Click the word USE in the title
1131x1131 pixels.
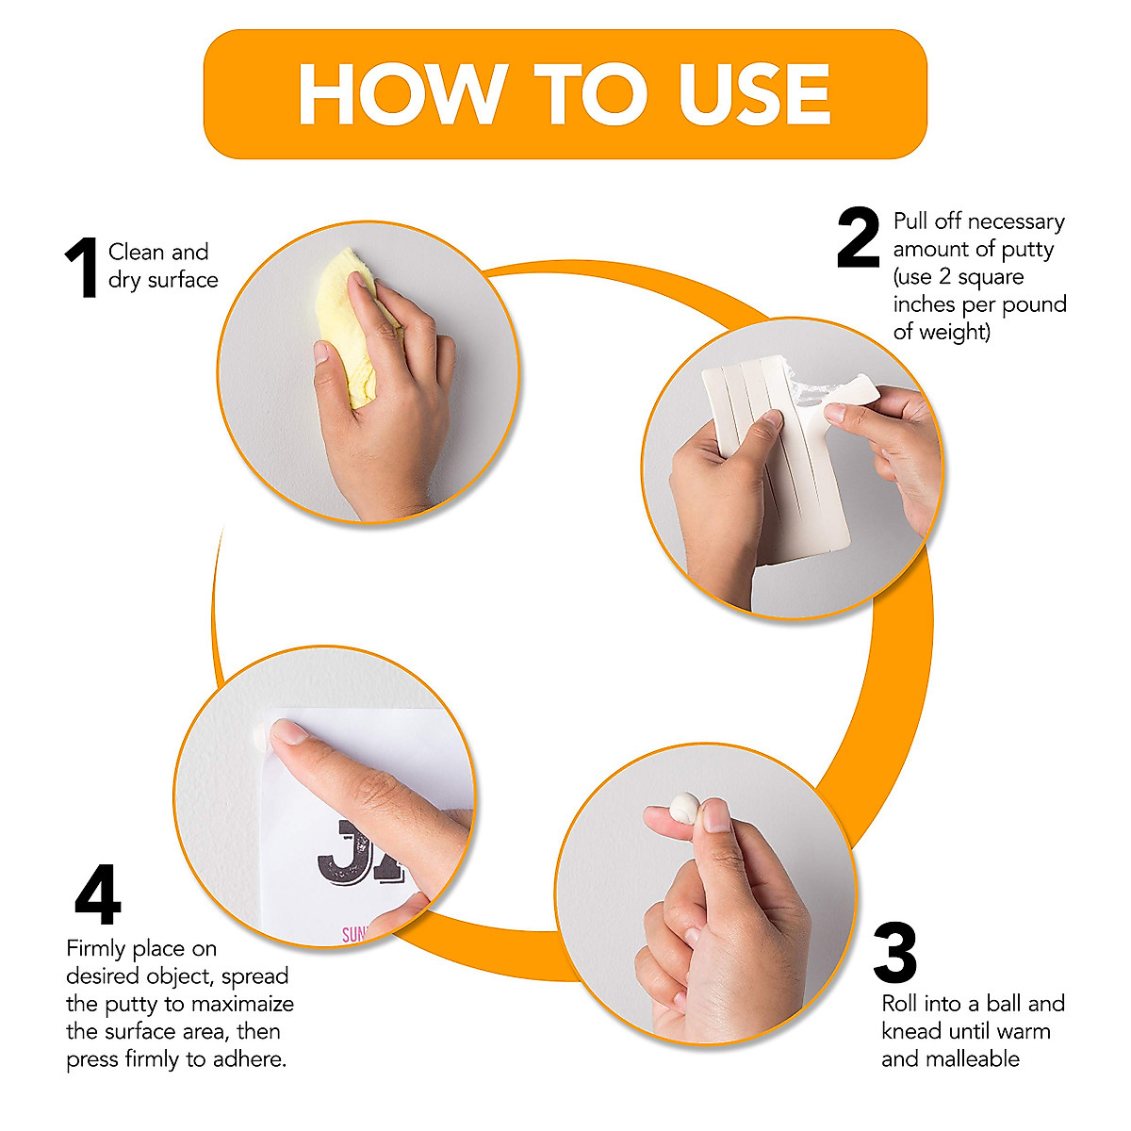point(754,95)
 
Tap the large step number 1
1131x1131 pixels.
point(83,269)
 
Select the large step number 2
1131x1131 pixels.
point(858,238)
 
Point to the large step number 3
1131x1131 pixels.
point(894,953)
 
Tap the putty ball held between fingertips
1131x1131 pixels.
point(682,808)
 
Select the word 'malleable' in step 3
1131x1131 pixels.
point(950,1058)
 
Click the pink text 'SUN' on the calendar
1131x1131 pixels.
point(354,934)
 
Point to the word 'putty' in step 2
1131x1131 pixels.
point(1027,249)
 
